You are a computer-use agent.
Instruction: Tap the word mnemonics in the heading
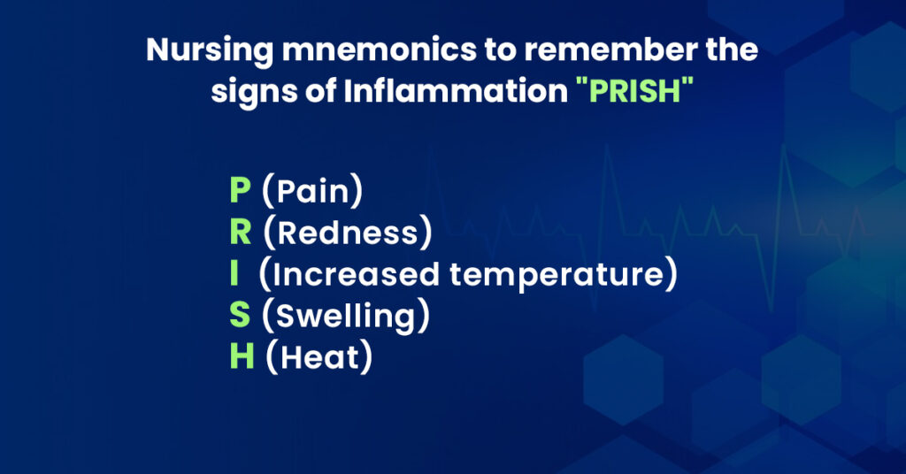(379, 50)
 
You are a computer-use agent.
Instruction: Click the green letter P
(241, 190)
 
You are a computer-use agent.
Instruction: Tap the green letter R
(241, 232)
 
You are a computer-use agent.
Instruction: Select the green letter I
(234, 273)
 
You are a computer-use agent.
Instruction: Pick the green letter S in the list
(240, 315)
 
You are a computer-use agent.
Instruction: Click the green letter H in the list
(242, 356)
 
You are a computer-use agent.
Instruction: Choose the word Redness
(348, 233)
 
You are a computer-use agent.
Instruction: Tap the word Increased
(356, 274)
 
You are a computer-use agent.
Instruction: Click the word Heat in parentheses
(319, 357)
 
